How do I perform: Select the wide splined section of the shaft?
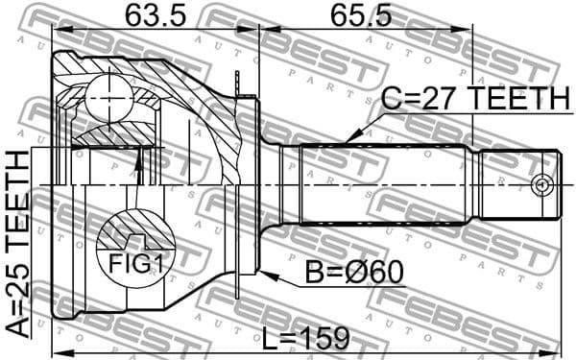[384, 183]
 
